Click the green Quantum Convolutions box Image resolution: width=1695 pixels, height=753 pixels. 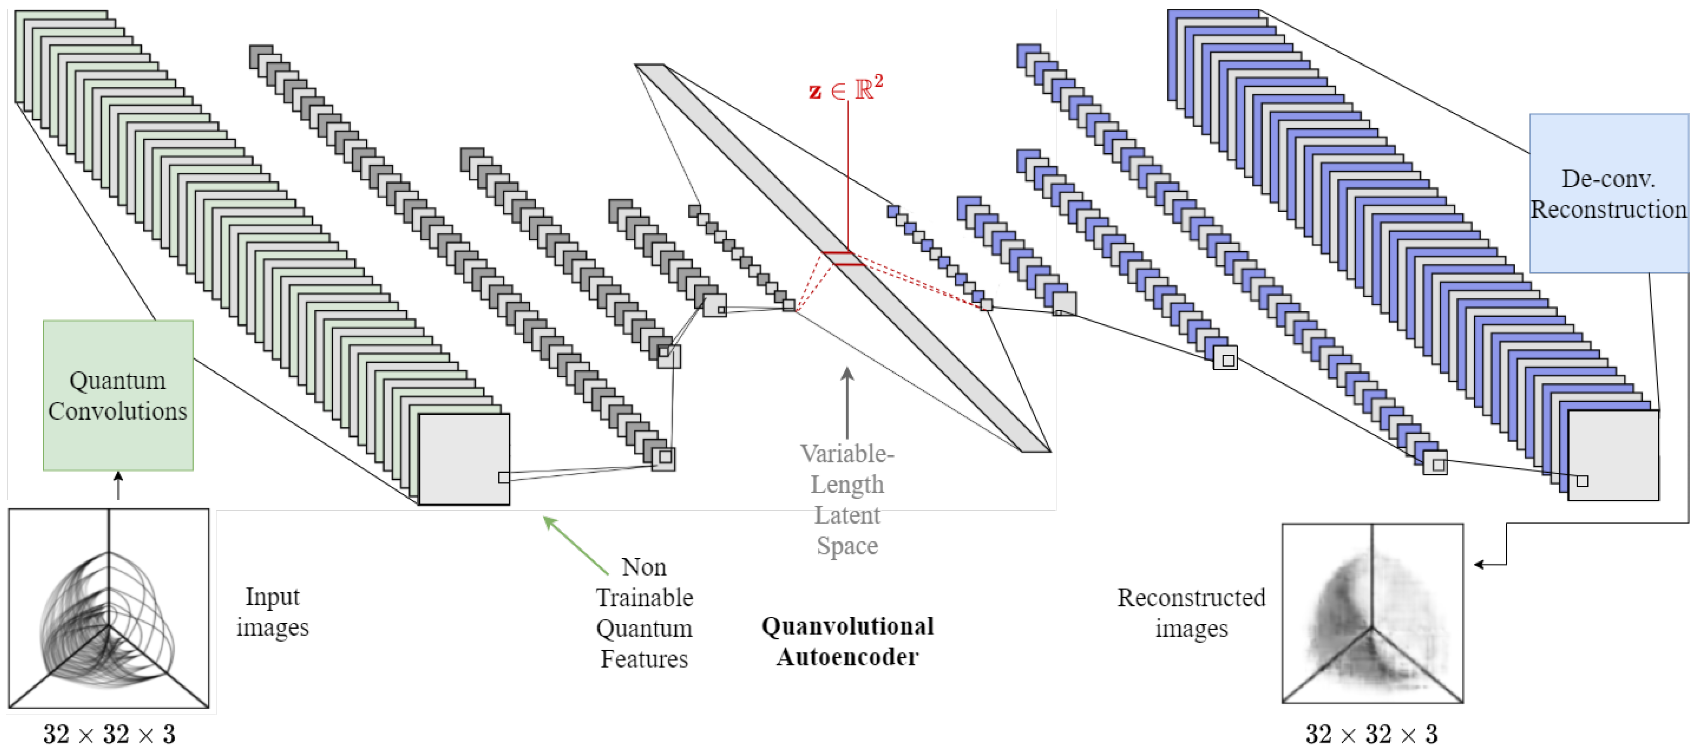118,396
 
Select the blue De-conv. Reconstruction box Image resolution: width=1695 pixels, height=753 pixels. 1608,194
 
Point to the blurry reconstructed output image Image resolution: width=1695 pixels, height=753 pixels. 1372,614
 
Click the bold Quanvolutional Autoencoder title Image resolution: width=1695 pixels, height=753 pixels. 847,641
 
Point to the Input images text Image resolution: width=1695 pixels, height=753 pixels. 272,612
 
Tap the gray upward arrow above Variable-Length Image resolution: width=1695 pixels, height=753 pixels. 847,401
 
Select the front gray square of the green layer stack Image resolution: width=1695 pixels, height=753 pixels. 464,459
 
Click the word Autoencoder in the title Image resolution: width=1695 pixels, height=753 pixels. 847,657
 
